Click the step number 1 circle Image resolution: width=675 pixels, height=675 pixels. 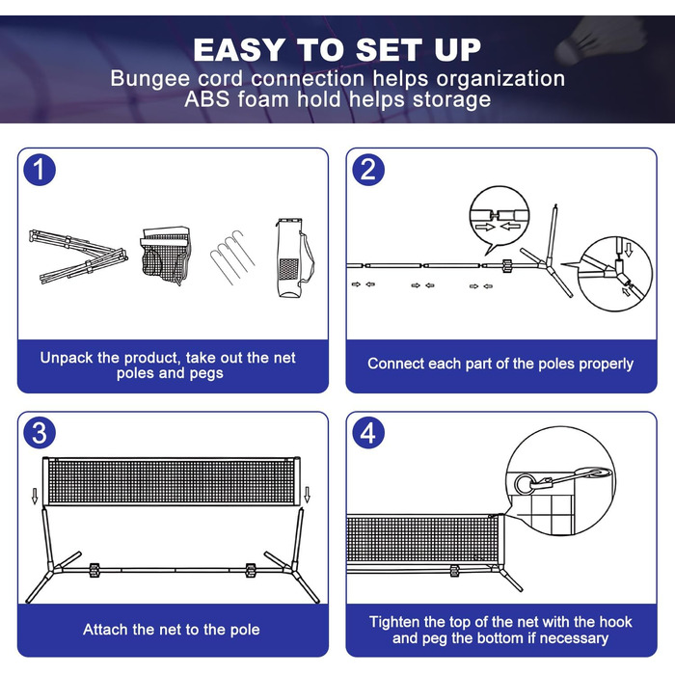40,170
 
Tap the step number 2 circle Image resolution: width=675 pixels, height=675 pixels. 368,170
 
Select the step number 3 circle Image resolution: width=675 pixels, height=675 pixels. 40,433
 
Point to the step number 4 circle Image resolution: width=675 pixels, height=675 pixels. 368,433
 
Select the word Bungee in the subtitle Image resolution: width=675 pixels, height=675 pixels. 149,79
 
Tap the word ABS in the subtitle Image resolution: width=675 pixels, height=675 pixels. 207,99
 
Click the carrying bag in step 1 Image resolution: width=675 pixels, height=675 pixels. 294,257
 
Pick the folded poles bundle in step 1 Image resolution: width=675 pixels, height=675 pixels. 78,256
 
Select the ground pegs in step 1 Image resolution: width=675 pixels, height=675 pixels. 232,257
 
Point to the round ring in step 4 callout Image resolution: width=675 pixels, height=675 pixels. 525,484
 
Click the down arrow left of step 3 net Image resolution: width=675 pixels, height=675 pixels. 35,496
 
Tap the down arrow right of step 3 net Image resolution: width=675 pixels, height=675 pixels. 307,495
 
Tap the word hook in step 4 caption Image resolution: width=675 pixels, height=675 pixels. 615,622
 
